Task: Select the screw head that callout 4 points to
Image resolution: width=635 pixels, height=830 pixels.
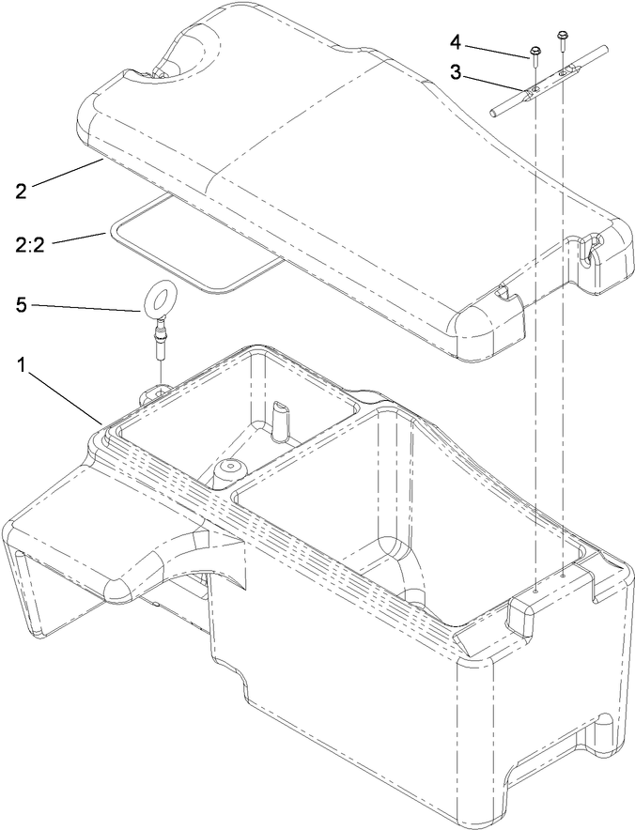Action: coord(534,52)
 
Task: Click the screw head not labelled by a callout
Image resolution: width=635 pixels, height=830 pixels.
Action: coord(562,36)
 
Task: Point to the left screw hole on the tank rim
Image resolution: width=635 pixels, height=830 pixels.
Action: coord(535,592)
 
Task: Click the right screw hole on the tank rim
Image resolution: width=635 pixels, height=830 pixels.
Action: coord(564,576)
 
